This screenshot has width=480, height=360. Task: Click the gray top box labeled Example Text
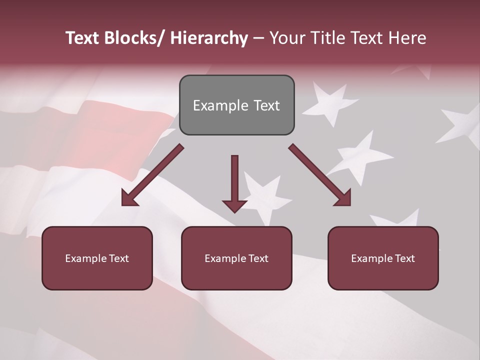point(236,105)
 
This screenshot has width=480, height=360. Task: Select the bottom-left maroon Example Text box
point(97,258)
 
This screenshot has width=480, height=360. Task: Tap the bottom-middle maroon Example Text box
point(236,258)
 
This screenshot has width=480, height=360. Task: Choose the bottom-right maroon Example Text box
point(383,258)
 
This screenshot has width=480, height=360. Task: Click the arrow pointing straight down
point(234,182)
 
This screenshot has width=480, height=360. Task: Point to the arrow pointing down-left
point(152,175)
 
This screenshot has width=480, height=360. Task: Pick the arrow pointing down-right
point(320,175)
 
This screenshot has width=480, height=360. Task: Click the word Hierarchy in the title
point(209,38)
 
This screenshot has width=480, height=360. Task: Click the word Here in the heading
point(408,38)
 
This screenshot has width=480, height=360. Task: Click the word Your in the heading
point(285,38)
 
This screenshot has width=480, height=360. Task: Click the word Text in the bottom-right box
point(404,258)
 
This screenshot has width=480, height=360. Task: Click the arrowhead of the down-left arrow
point(129,198)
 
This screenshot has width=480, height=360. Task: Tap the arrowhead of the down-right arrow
point(343,198)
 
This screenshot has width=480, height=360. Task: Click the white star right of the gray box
point(330,99)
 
